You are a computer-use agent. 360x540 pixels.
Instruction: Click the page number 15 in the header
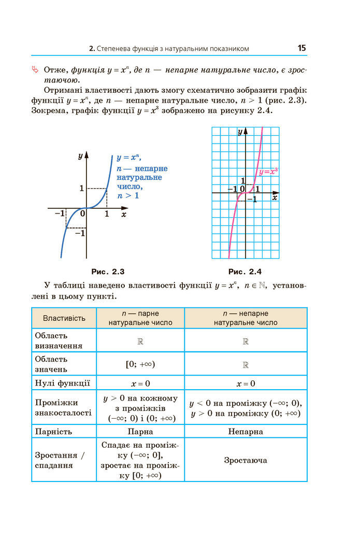click(301, 48)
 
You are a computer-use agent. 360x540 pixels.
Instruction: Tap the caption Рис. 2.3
click(108, 272)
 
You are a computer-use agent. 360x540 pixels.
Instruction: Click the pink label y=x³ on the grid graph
click(268, 172)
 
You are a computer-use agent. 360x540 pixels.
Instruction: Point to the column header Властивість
click(64, 318)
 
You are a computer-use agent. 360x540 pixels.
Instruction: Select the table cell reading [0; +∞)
click(140, 364)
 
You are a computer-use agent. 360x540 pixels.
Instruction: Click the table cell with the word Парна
click(140, 431)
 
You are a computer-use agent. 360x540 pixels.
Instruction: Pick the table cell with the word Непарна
click(246, 431)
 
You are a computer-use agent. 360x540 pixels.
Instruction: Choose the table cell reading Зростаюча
click(246, 460)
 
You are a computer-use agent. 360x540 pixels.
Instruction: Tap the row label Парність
click(53, 431)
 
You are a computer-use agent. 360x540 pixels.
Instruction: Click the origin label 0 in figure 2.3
click(82, 213)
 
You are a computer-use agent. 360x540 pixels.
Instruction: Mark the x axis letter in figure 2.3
click(124, 214)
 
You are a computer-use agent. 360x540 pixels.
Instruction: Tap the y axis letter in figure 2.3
click(80, 155)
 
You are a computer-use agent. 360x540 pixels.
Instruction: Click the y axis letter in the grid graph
click(240, 132)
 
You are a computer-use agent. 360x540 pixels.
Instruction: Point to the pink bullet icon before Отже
click(35, 69)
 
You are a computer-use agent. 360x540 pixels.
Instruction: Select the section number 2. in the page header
click(91, 49)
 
